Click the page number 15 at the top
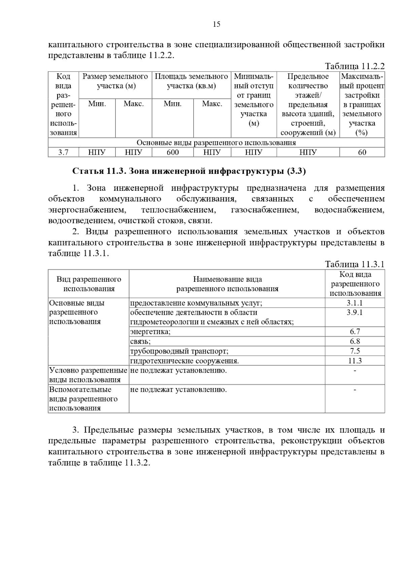pyautogui.click(x=216, y=24)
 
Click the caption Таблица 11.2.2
pyautogui.click(x=355, y=66)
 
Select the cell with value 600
pyautogui.click(x=173, y=153)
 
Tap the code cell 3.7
pyautogui.click(x=63, y=153)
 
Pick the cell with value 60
pyautogui.click(x=362, y=153)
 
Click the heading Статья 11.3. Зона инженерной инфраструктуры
pyautogui.click(x=189, y=172)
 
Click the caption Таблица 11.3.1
pyautogui.click(x=355, y=264)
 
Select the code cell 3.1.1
pyautogui.click(x=355, y=303)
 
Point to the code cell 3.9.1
pyautogui.click(x=355, y=312)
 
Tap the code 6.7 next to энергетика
pyautogui.click(x=355, y=332)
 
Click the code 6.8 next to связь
pyautogui.click(x=355, y=341)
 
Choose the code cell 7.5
pyautogui.click(x=355, y=351)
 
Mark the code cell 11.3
pyautogui.click(x=355, y=361)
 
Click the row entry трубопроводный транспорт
pyautogui.click(x=179, y=351)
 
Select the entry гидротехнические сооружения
pyautogui.click(x=184, y=361)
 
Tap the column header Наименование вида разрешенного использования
pyautogui.click(x=227, y=284)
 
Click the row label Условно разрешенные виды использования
pyautogui.click(x=88, y=375)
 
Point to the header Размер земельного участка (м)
pyautogui.click(x=115, y=81)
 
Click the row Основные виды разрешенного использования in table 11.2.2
pyautogui.click(x=216, y=143)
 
